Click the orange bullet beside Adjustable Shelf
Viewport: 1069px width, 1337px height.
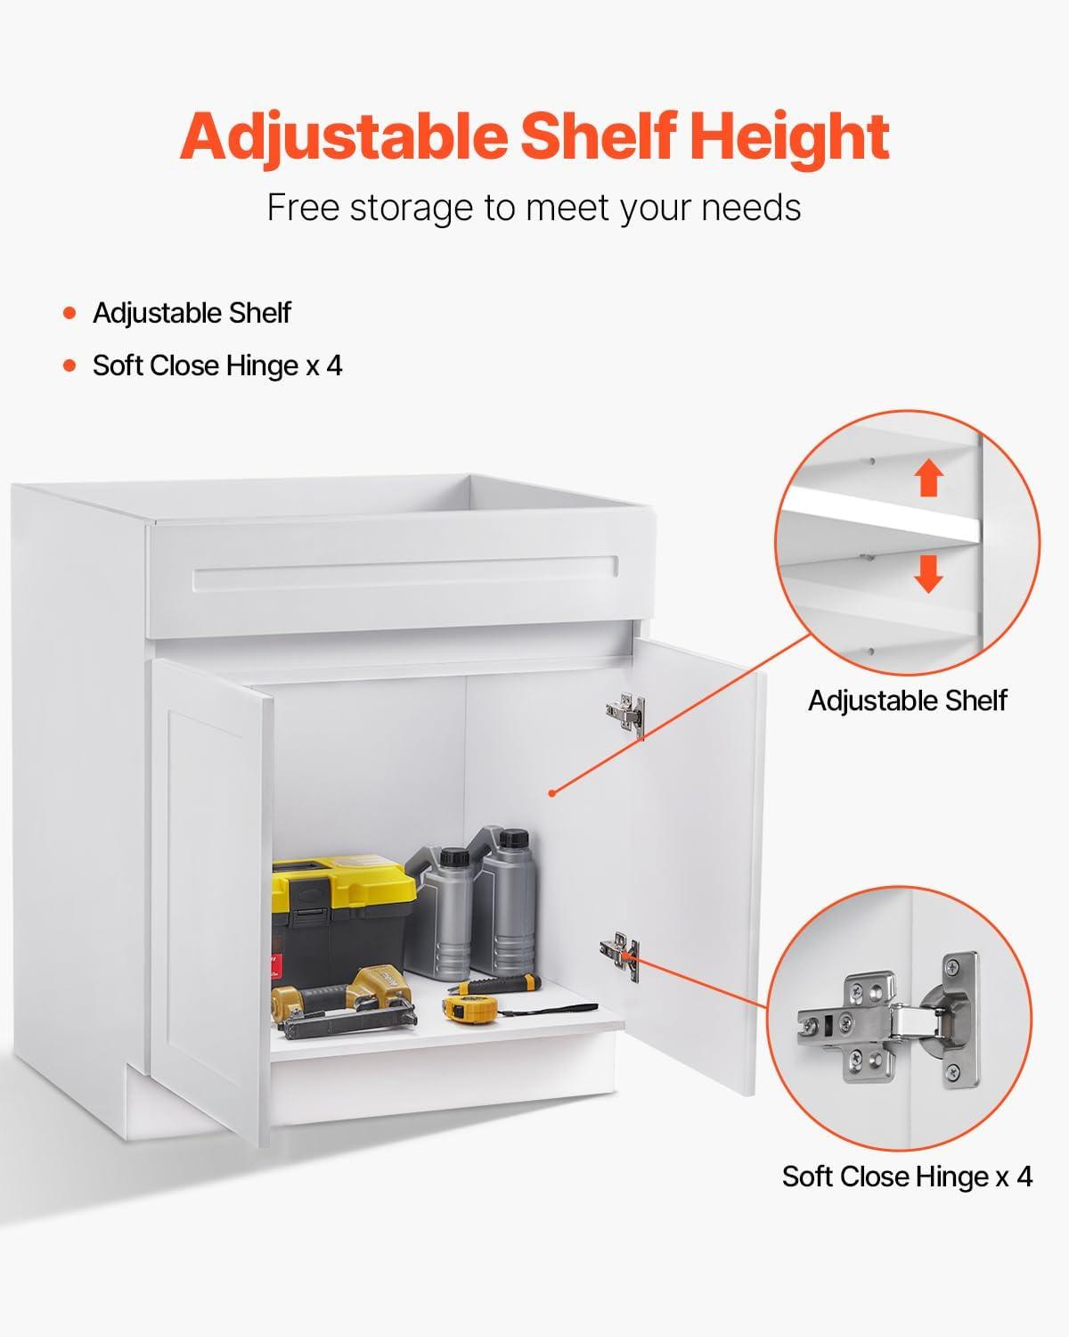coord(69,313)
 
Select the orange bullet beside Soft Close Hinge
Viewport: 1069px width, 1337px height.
coord(69,365)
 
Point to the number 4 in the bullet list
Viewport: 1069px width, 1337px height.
coord(334,365)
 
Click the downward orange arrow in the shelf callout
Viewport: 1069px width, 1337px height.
coord(928,573)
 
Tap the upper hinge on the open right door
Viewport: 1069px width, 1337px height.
coord(626,715)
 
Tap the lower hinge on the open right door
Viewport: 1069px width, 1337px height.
coord(620,955)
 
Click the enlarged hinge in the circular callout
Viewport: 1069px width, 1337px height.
coord(888,1025)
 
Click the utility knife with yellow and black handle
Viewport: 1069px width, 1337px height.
coord(494,984)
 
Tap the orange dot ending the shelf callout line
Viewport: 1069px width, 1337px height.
coord(552,792)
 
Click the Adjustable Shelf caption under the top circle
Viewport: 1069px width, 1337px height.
coord(908,701)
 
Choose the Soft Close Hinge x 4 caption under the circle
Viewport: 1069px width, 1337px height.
coord(907,1177)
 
